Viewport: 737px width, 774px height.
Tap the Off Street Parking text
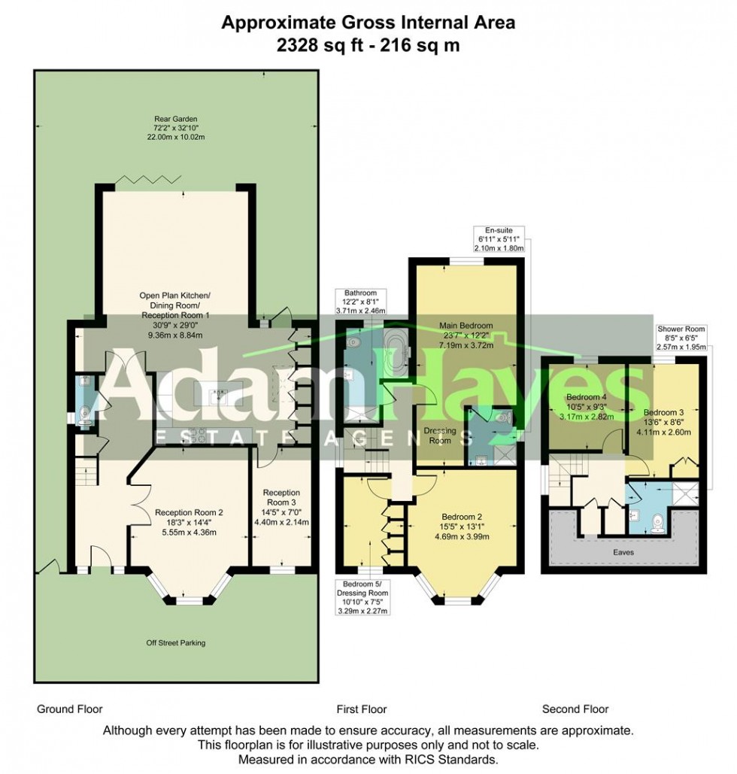(175, 643)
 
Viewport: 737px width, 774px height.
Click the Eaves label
(623, 551)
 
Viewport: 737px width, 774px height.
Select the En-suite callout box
(499, 238)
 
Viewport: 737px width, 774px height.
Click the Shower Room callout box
(682, 338)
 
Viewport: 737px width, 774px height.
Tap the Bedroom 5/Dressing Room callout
(368, 597)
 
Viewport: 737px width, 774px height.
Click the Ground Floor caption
(69, 709)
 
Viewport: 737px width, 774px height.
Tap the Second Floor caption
(575, 709)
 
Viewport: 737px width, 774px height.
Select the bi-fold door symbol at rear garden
(147, 179)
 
